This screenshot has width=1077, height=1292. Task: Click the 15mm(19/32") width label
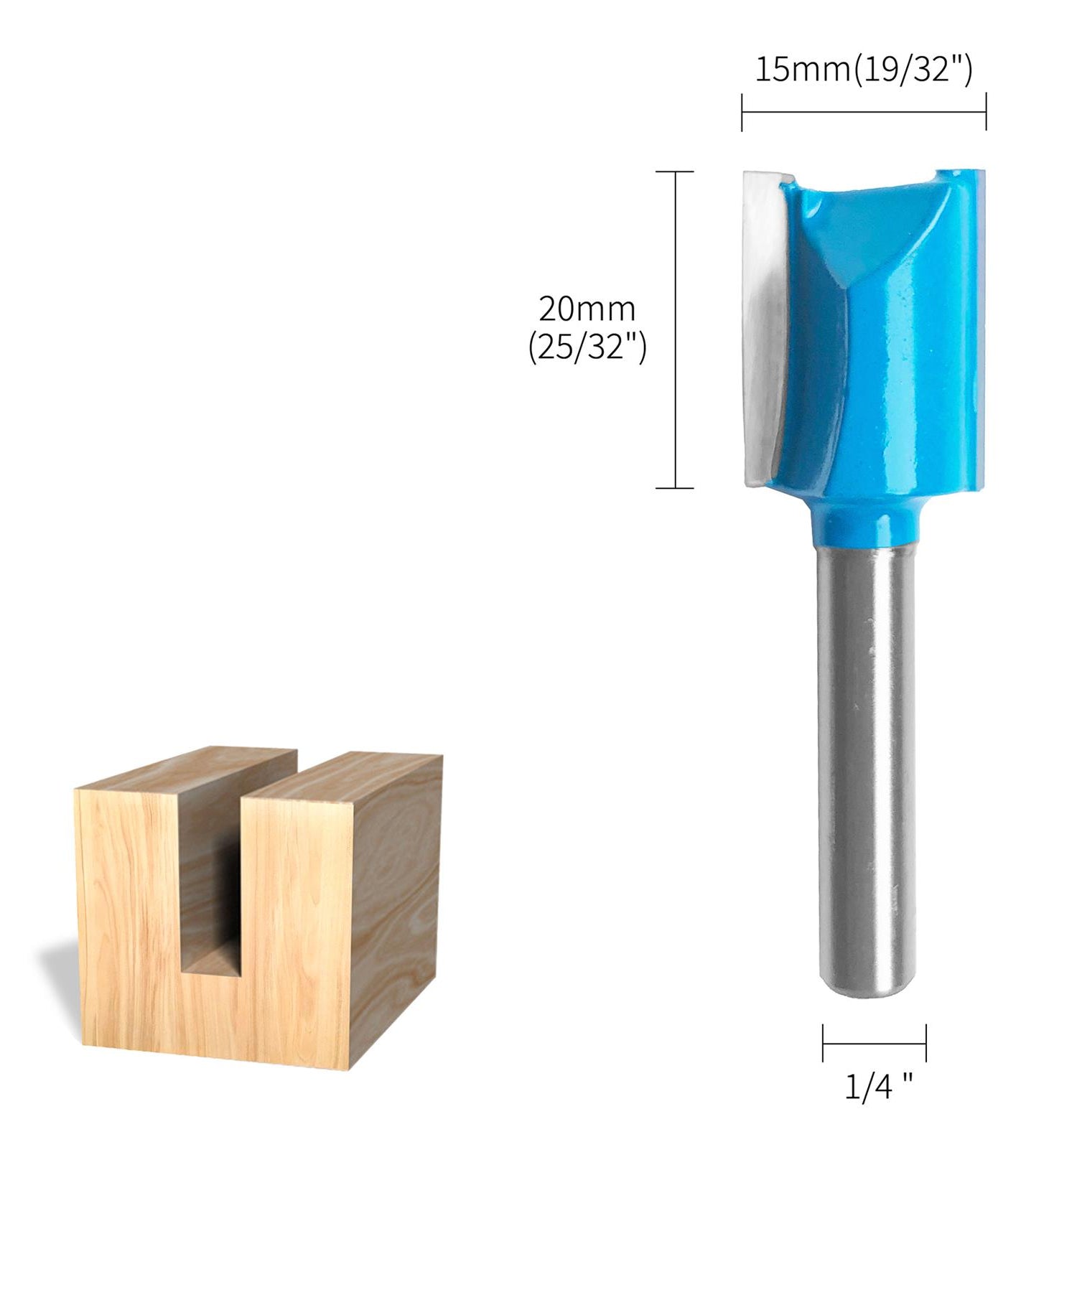coord(863,70)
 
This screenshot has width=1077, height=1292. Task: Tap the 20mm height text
coord(587,309)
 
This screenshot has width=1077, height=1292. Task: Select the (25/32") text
coord(587,348)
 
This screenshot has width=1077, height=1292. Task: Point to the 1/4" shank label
coord(877,1087)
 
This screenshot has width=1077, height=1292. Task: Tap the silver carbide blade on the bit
coord(763,323)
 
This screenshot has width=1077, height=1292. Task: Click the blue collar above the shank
coord(866,524)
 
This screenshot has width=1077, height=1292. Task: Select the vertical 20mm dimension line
coord(675,330)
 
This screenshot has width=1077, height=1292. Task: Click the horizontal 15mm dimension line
coord(863,112)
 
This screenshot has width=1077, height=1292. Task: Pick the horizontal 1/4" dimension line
coord(874,1044)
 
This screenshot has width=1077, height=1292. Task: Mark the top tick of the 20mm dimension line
coord(675,172)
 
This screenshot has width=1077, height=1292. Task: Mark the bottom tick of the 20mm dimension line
coord(675,488)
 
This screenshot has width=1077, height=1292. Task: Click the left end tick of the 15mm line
coord(742,112)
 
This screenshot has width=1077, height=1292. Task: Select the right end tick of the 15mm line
coord(986,112)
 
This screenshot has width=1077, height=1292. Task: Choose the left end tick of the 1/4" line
coord(823,1043)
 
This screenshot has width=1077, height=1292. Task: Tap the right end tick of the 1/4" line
coord(926,1043)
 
